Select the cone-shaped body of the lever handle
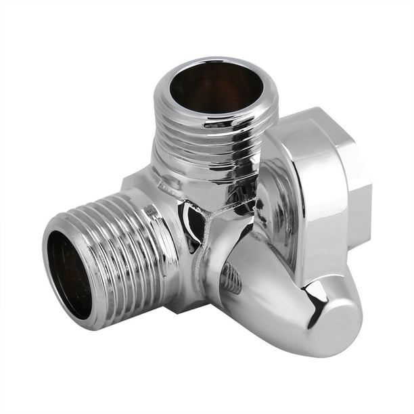(x=271, y=284)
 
